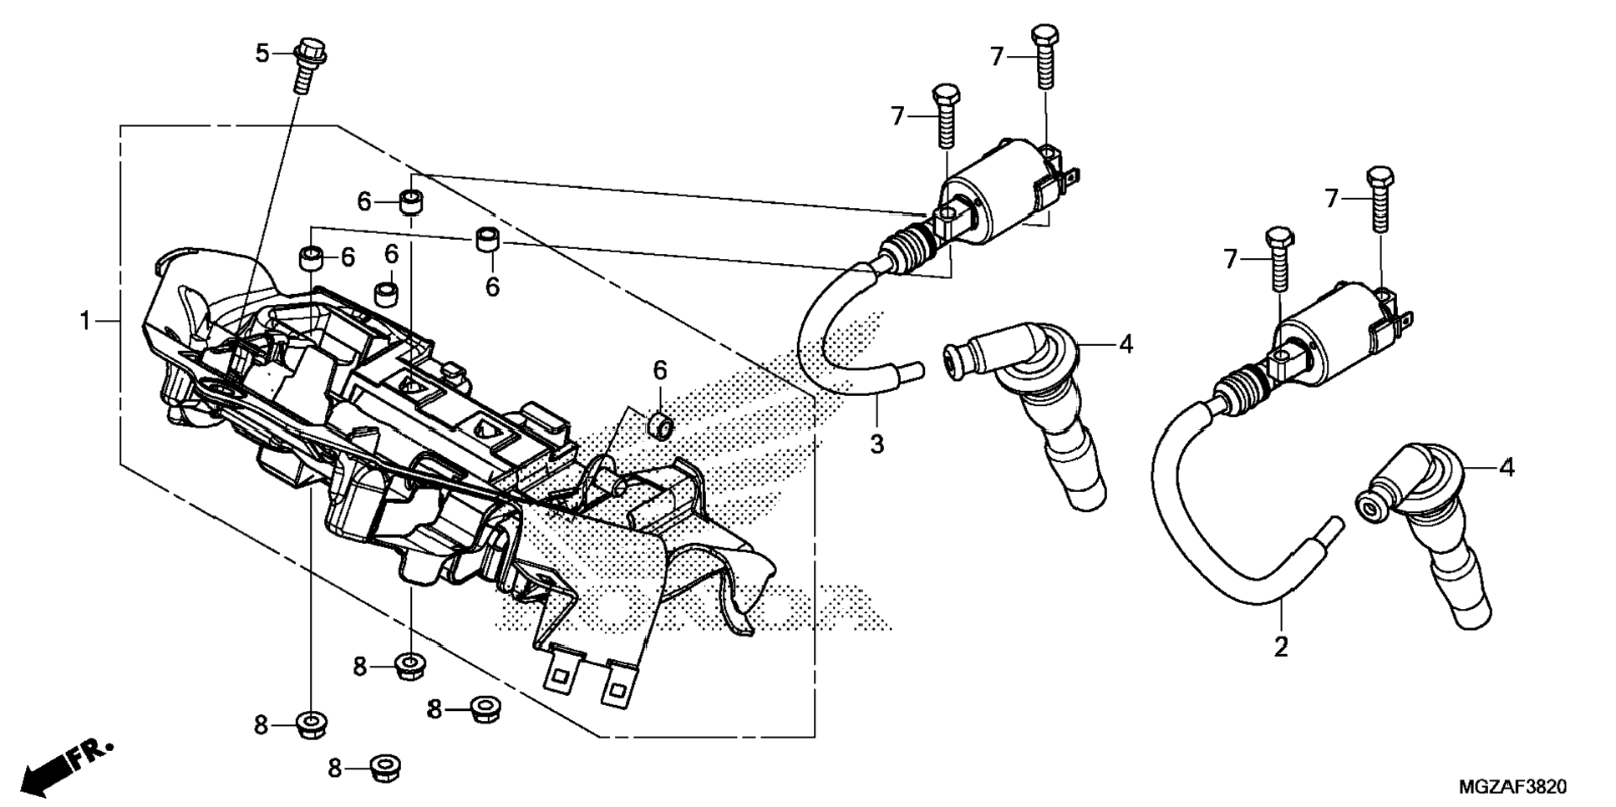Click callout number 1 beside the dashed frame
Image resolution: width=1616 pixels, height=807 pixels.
(x=84, y=321)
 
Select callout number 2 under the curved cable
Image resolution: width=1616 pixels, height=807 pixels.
(x=1280, y=646)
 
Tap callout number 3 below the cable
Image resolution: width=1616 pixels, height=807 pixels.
(x=877, y=444)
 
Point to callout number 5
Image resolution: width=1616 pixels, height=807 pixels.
(x=262, y=53)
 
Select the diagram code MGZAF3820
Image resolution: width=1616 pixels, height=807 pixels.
(x=1512, y=786)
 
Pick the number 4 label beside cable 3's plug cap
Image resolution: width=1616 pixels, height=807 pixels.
(x=1126, y=343)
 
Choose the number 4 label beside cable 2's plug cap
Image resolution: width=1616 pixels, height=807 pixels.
(x=1506, y=468)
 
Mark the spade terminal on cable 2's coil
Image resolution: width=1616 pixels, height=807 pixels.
(x=1406, y=318)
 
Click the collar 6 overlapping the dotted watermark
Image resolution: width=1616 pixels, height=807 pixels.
(x=661, y=425)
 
